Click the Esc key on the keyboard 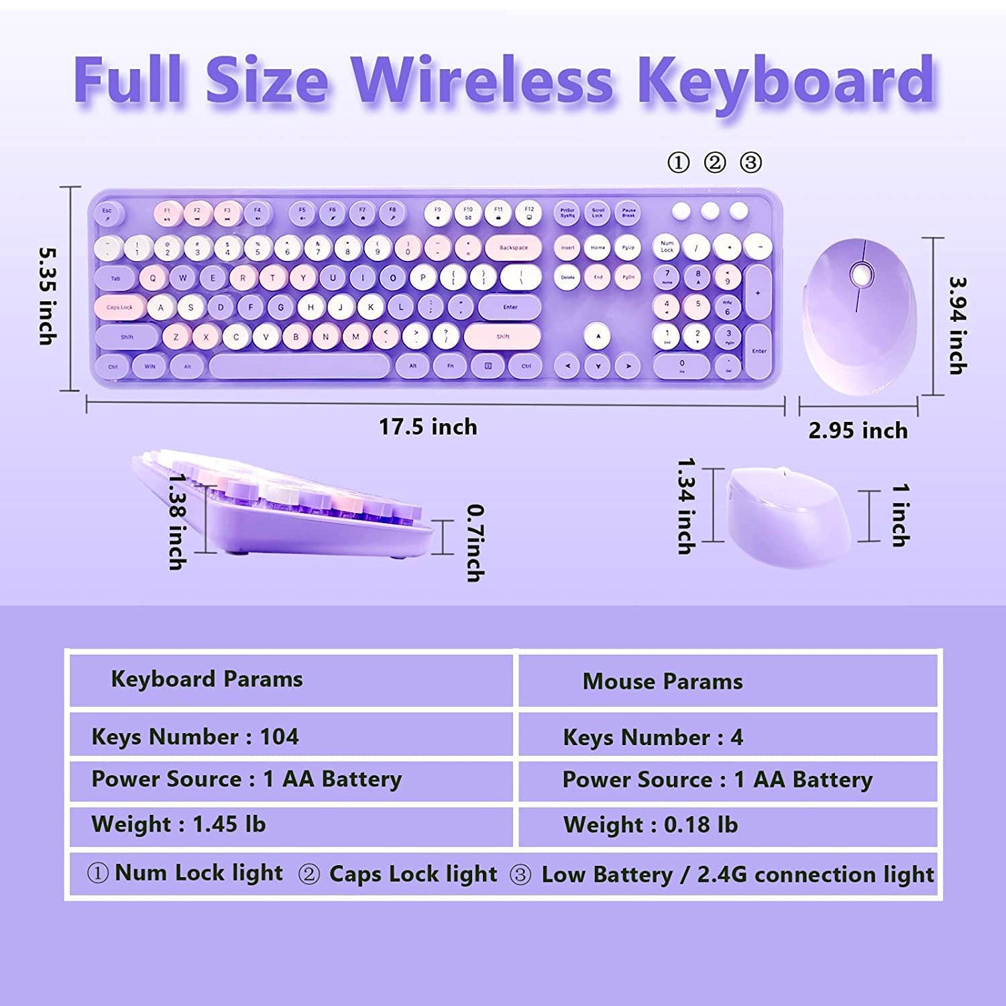(x=107, y=213)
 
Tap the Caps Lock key (x=120, y=307)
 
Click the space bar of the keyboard (x=299, y=366)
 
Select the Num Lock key (x=667, y=247)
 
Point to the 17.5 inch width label (x=428, y=427)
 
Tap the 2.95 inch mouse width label (x=858, y=430)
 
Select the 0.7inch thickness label (x=475, y=543)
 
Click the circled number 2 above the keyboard (x=715, y=163)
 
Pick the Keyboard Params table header (x=207, y=679)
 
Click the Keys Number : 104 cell (x=195, y=736)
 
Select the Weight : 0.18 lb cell (x=651, y=824)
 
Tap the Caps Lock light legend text (x=413, y=874)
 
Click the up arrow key (x=598, y=336)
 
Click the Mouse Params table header (x=663, y=681)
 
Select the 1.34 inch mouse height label (x=685, y=506)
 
